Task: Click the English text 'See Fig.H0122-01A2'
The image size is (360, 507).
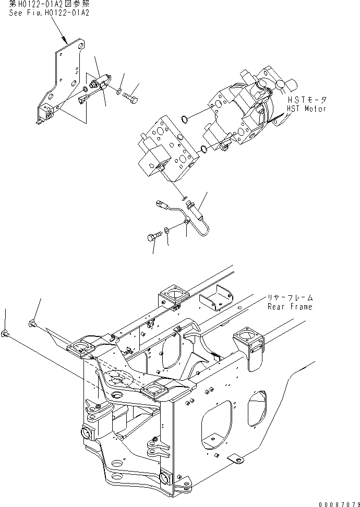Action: [49, 13]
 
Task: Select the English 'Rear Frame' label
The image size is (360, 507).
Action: [290, 306]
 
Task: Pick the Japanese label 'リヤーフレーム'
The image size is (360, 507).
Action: [290, 297]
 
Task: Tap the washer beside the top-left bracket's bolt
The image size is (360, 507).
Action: [119, 92]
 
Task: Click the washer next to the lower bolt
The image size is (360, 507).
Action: [165, 230]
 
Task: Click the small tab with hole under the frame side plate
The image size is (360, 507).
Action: [235, 460]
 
